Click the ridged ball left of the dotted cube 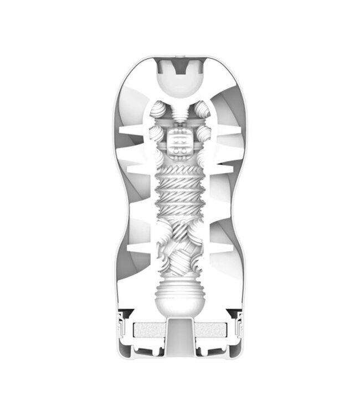click(156, 133)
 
